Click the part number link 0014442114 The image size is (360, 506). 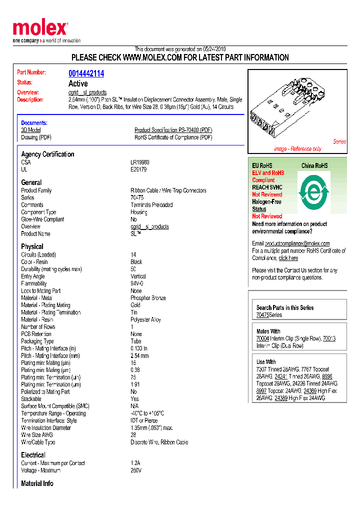[x=86, y=73]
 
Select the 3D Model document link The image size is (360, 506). [x=30, y=130]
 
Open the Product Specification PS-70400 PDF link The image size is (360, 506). [x=173, y=130]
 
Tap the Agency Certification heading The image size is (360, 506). [x=47, y=154]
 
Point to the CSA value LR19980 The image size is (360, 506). [x=140, y=162]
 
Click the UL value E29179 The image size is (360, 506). [x=139, y=169]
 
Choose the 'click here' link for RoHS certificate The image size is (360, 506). [x=288, y=258]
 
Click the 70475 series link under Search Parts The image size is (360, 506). [x=262, y=315]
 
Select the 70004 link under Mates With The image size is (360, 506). [x=262, y=338]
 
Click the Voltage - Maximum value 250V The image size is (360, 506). [x=136, y=470]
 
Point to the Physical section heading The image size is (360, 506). [x=32, y=246]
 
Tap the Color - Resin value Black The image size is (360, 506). [x=136, y=262]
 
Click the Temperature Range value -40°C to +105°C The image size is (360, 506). [x=147, y=413]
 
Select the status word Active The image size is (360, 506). [x=78, y=83]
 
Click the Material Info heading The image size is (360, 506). [x=37, y=483]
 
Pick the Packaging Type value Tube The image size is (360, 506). [x=136, y=341]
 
